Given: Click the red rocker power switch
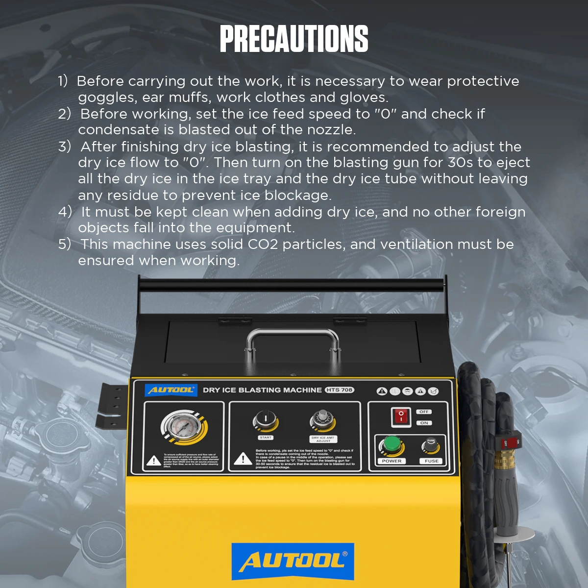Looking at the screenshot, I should point(401,417).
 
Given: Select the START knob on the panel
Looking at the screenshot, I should point(265,421).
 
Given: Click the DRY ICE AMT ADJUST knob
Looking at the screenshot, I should point(322,420).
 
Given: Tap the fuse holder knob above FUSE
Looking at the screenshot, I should point(431,445).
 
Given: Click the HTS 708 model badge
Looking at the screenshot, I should point(339,390).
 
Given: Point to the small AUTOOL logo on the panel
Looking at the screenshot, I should point(171,390).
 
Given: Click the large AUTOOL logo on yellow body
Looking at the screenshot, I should point(293,562).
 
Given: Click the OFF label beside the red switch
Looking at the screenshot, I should point(424,412).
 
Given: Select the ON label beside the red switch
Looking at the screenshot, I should point(424,423).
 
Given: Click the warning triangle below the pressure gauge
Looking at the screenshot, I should point(154,460).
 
